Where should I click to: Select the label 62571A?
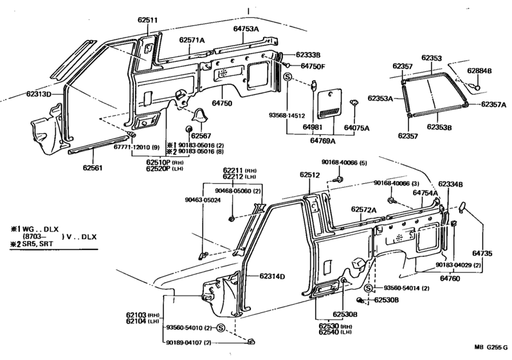pos(191,40)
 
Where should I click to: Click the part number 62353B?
pos(439,127)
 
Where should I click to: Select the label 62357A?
pos(493,104)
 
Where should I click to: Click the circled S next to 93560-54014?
pos(367,289)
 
